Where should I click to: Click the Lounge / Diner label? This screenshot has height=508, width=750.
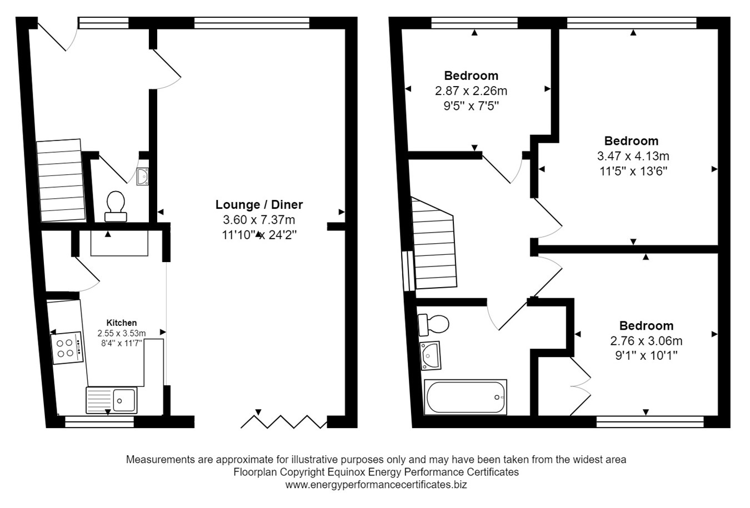(x=259, y=204)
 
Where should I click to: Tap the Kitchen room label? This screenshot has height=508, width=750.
(x=122, y=323)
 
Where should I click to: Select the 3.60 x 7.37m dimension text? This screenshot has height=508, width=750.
(x=259, y=219)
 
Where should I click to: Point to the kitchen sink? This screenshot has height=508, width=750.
(x=112, y=400)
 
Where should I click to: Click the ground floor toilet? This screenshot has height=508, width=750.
(x=116, y=206)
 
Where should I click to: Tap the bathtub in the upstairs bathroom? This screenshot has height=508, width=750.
(x=466, y=397)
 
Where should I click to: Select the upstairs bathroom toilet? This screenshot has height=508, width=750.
(x=433, y=324)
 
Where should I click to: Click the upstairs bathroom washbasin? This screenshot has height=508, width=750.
(x=430, y=355)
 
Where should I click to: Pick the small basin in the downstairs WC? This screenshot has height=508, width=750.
(x=143, y=176)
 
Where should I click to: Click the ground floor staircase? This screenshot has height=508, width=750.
(x=61, y=181)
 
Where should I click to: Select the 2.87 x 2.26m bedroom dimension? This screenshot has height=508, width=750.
(x=471, y=90)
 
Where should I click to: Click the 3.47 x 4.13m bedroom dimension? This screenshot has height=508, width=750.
(x=631, y=156)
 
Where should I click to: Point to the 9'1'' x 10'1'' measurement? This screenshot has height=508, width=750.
(x=646, y=355)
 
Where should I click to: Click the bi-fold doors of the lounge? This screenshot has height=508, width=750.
(x=284, y=421)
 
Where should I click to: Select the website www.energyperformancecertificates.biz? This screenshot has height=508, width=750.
(x=376, y=485)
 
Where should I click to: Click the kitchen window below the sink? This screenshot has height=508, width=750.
(x=100, y=421)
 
